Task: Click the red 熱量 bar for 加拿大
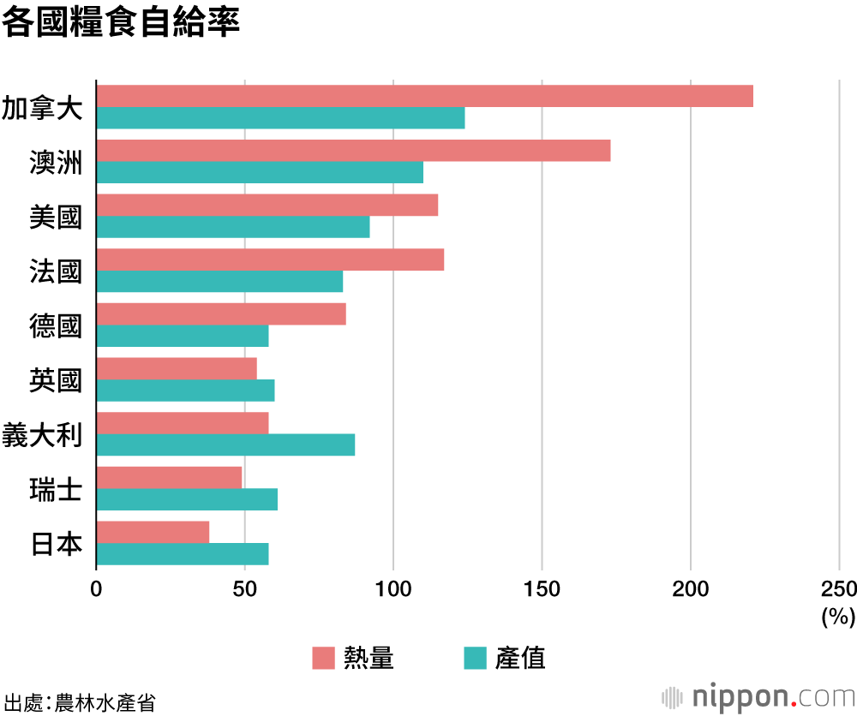[424, 96]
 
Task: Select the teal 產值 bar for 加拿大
[280, 118]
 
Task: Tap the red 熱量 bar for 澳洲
[353, 151]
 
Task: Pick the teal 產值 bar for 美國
[232, 227]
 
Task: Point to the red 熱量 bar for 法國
[270, 260]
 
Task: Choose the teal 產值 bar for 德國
[182, 336]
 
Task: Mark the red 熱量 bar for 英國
[177, 368]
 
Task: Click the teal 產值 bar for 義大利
[225, 445]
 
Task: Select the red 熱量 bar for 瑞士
[169, 477]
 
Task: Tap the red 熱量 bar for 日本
[153, 532]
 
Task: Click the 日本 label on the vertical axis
[56, 543]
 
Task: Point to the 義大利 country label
[42, 434]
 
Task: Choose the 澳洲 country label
[56, 162]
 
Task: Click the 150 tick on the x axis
[542, 589]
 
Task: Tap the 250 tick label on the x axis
[838, 589]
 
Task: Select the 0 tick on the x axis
[96, 589]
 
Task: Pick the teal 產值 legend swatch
[474, 658]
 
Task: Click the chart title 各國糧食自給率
[120, 23]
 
